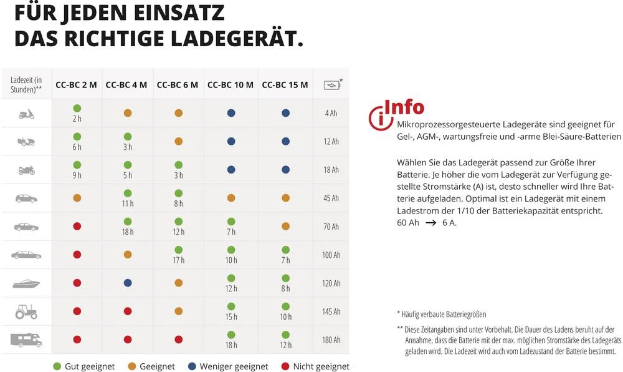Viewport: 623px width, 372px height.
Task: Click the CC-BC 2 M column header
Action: coord(76,84)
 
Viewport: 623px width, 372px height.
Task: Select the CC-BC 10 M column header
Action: coord(230,84)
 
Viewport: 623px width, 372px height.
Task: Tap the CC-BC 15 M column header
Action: coord(285,84)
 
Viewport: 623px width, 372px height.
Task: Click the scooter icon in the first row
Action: coord(26,114)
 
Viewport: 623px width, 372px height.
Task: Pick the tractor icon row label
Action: coord(26,311)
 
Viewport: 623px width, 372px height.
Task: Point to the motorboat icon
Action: coord(26,283)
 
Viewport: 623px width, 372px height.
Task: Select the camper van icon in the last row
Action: coord(26,340)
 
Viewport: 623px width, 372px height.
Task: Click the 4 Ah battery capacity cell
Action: coord(331,114)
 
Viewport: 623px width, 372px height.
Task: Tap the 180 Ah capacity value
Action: coord(331,340)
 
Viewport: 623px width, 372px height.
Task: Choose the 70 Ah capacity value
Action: coord(331,227)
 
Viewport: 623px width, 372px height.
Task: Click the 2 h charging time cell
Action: coord(77,119)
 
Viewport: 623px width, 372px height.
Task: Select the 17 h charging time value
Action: coord(178,260)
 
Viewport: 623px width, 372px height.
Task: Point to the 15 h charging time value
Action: coord(231,316)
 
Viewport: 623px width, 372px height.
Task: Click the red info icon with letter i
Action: coord(378,117)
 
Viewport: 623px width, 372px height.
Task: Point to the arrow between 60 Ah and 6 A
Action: coord(430,222)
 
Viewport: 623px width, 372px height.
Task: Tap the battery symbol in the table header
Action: coord(331,86)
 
